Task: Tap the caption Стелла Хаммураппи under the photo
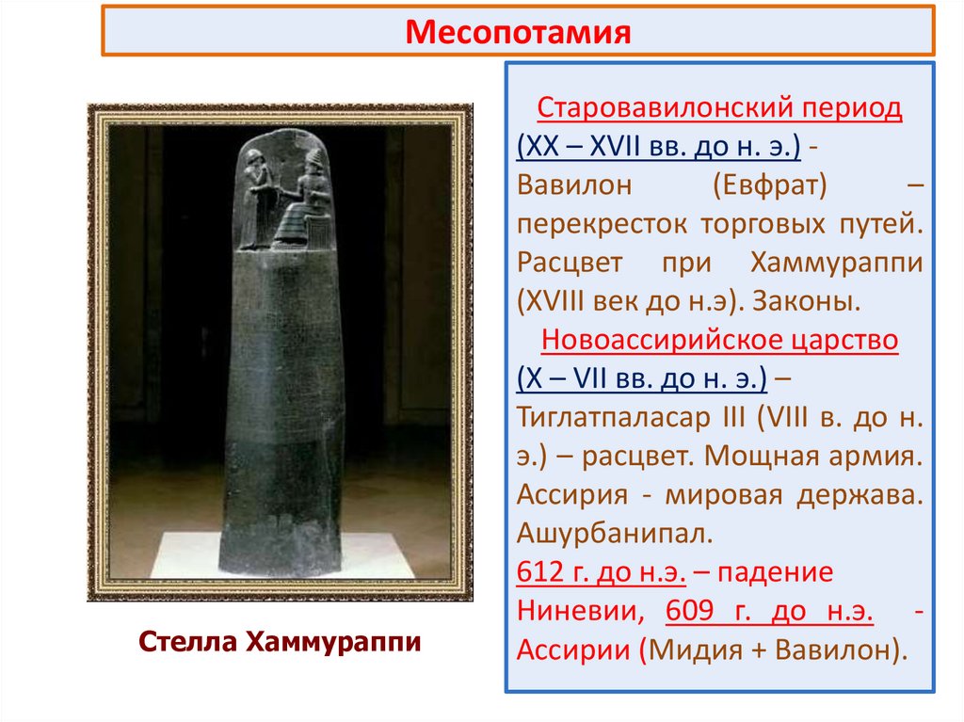[279, 643]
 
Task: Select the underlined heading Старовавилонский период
[719, 108]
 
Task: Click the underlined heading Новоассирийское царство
[721, 340]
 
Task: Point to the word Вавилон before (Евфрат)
[575, 186]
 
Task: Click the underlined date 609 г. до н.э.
[768, 612]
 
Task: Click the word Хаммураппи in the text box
[836, 264]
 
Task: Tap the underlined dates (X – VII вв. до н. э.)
[641, 379]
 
